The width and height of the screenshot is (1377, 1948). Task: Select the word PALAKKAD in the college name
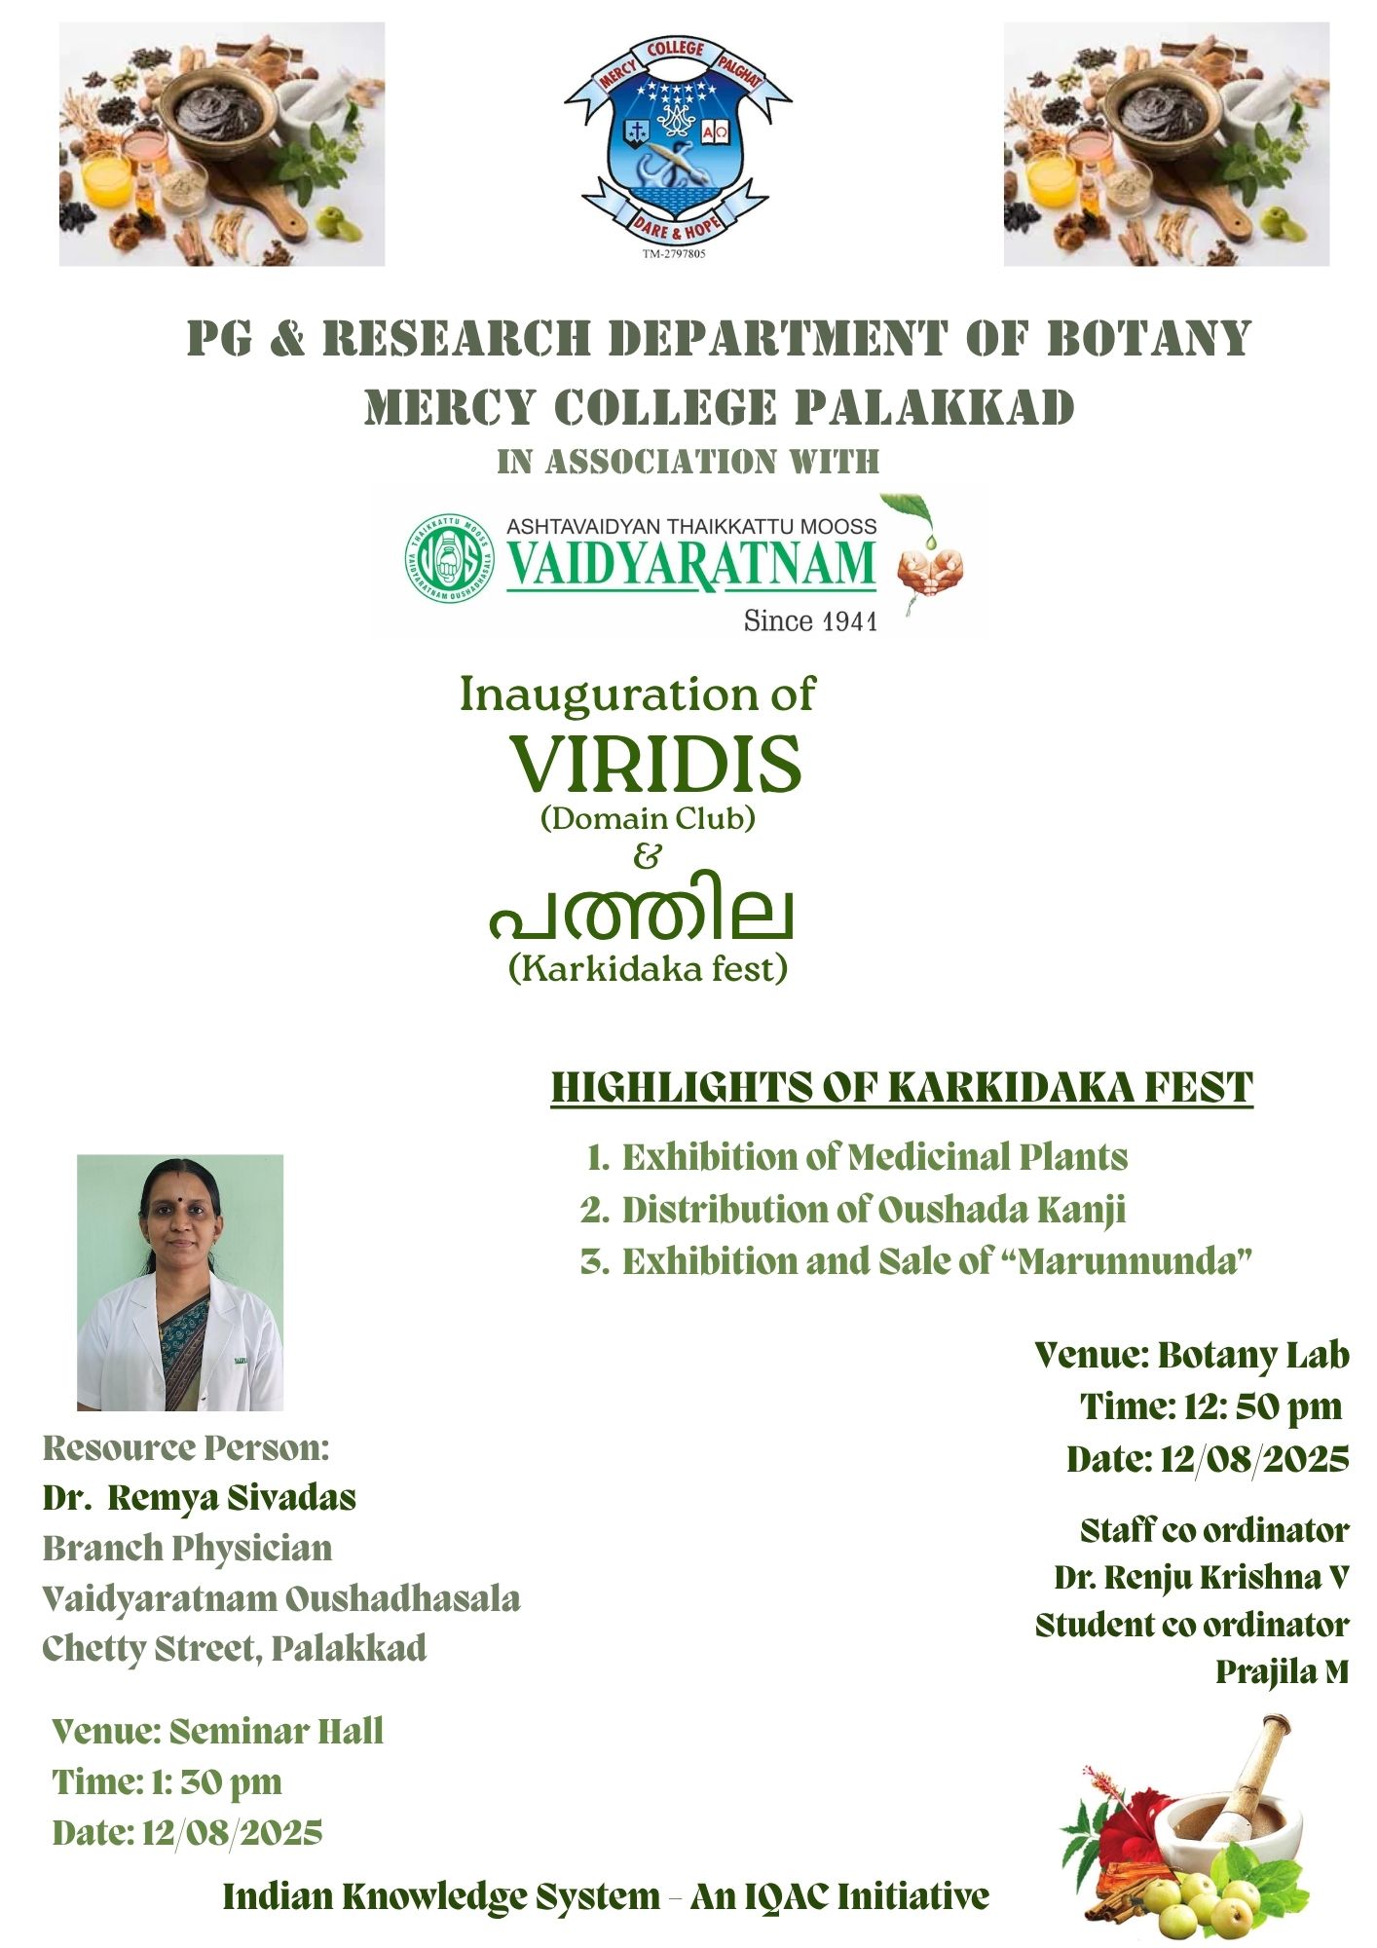(x=934, y=408)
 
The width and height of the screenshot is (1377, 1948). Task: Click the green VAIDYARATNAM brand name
(x=690, y=566)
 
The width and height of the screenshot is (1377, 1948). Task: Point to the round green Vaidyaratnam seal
(x=450, y=558)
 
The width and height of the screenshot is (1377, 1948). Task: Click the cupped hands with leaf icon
(x=928, y=568)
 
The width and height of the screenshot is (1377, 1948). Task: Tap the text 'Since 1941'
(x=810, y=621)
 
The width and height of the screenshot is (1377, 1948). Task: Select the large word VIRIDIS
(x=655, y=765)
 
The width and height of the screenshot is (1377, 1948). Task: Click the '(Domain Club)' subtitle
(x=648, y=818)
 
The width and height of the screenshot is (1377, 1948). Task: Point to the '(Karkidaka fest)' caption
(x=648, y=968)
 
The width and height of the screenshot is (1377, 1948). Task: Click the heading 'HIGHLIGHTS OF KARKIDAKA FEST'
(x=902, y=1088)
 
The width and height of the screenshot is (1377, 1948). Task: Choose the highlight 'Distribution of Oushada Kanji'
(x=873, y=1210)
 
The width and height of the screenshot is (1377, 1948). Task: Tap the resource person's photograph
(x=180, y=1283)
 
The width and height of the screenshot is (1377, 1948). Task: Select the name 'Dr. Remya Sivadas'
(x=200, y=1497)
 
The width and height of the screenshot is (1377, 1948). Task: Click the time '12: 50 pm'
(x=1262, y=1406)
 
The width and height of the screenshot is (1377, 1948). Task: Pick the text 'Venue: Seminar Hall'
(x=218, y=1731)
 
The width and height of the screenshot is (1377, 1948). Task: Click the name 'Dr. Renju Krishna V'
(x=1201, y=1577)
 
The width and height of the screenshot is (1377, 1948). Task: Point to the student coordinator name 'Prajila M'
(x=1282, y=1671)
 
